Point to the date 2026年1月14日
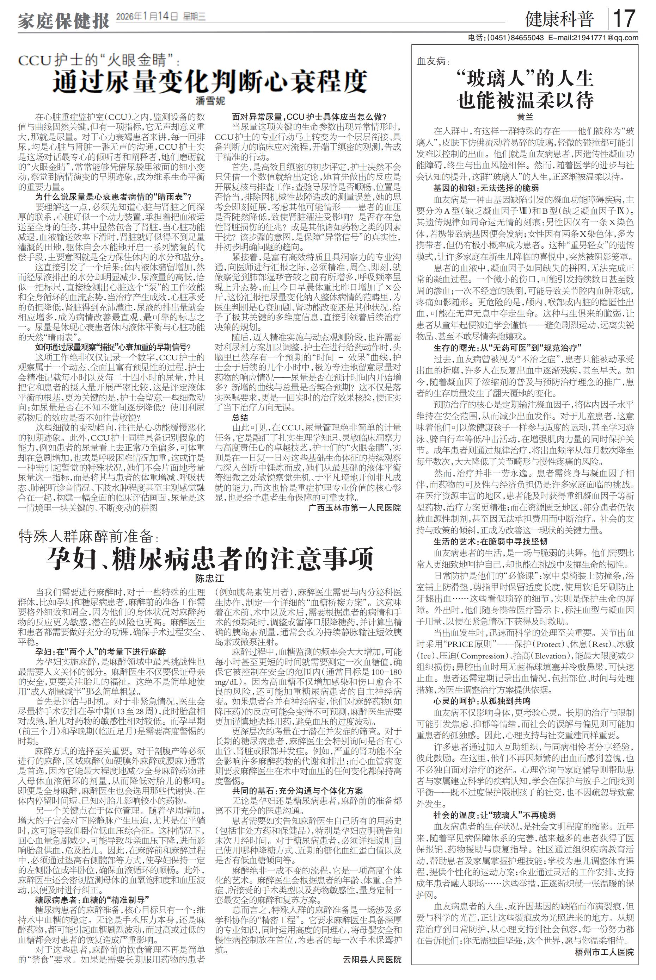[x=147, y=17]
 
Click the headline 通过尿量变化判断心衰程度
[x=210, y=81]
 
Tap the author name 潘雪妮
[x=210, y=101]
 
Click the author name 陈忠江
[x=210, y=579]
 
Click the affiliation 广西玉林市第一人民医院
[x=354, y=508]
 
